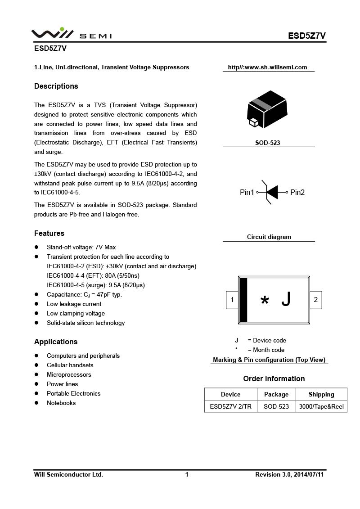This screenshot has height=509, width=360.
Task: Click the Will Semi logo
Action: (71, 34)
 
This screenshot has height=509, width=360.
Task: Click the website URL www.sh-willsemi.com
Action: (267, 68)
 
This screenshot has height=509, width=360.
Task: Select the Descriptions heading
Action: (56, 86)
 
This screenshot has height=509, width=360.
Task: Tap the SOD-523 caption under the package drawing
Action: (268, 143)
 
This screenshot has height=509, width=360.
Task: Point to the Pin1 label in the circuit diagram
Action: (247, 193)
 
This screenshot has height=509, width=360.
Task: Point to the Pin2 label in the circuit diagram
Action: (297, 193)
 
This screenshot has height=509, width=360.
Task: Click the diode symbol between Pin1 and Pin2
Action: (271, 193)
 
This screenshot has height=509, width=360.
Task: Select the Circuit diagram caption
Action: (269, 237)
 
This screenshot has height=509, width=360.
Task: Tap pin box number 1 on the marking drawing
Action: (232, 300)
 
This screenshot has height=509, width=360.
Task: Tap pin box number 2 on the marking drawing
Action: (316, 300)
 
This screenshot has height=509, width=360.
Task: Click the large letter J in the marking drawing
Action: (286, 299)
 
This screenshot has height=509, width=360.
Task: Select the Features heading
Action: (49, 234)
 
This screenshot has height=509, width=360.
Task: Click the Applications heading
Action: (56, 342)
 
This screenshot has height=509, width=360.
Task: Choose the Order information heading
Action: (274, 379)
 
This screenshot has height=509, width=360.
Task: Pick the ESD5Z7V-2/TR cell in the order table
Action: (231, 407)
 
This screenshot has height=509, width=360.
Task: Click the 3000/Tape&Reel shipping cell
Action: (321, 407)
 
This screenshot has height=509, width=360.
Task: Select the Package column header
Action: (276, 395)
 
